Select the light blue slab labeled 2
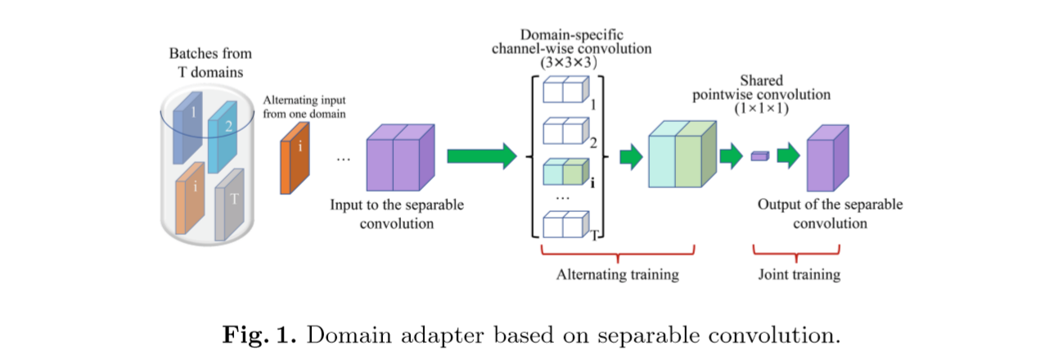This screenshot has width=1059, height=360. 222,137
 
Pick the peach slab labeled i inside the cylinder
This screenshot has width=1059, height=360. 190,198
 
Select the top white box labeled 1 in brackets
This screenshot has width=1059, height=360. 566,90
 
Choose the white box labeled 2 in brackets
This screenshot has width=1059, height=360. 566,130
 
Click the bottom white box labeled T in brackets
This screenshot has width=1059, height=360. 566,225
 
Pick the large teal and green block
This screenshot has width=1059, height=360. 682,156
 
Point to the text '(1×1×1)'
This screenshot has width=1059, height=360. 761,107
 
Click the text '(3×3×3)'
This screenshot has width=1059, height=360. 571,61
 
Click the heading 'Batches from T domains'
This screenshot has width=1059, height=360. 210,62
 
